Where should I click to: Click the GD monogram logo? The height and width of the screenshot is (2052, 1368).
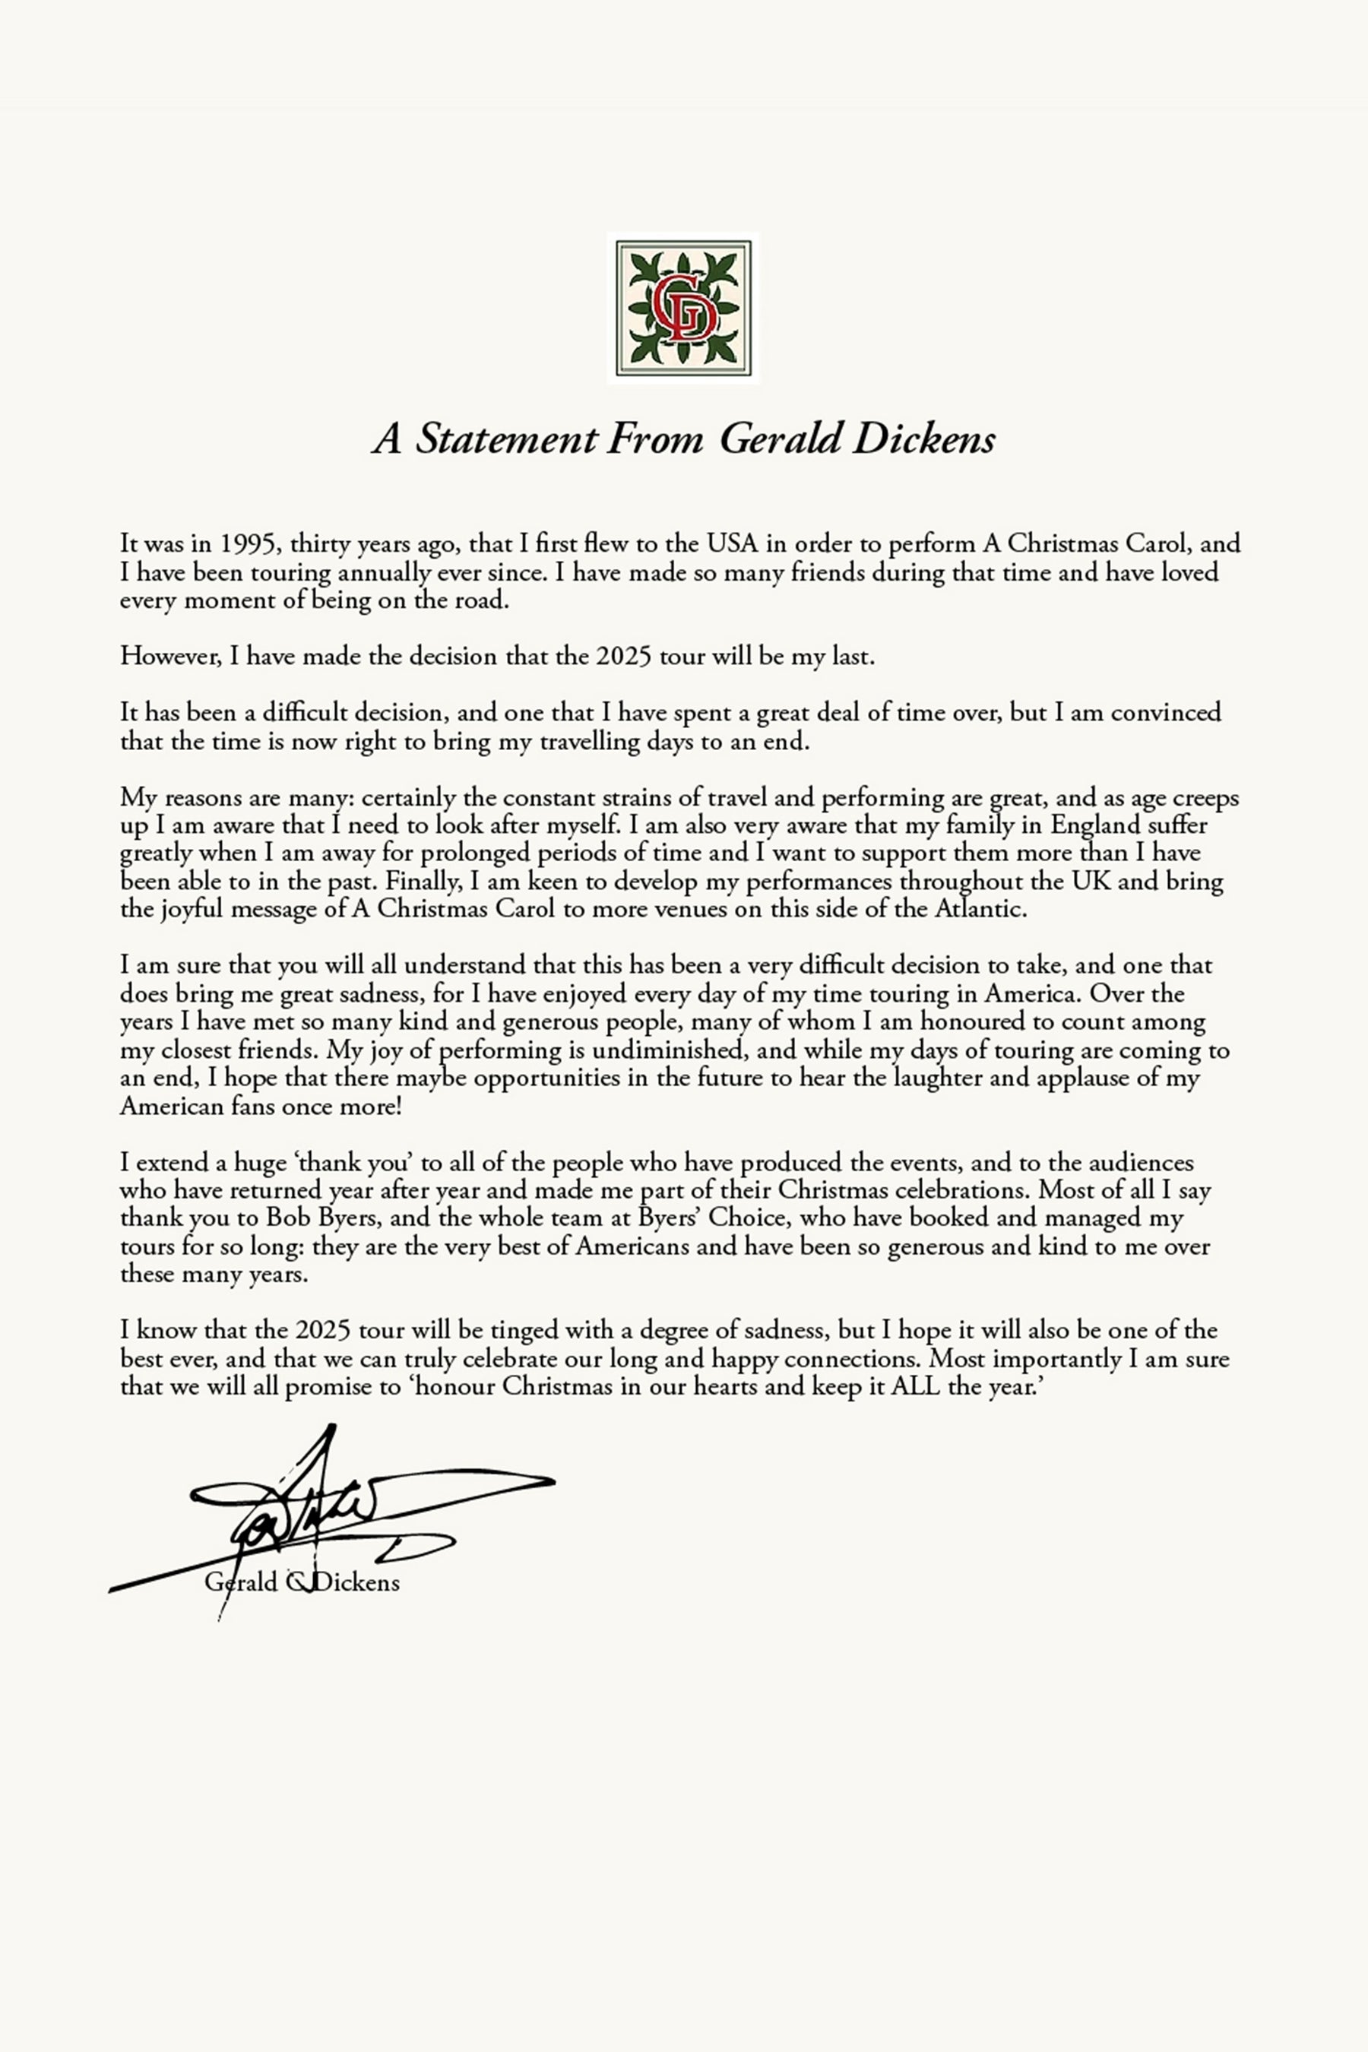pyautogui.click(x=683, y=308)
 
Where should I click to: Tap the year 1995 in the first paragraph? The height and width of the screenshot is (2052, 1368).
pyautogui.click(x=249, y=543)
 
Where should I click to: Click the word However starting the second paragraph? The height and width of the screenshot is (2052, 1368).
pyautogui.click(x=170, y=656)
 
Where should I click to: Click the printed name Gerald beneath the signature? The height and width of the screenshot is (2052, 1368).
pyautogui.click(x=241, y=1582)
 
